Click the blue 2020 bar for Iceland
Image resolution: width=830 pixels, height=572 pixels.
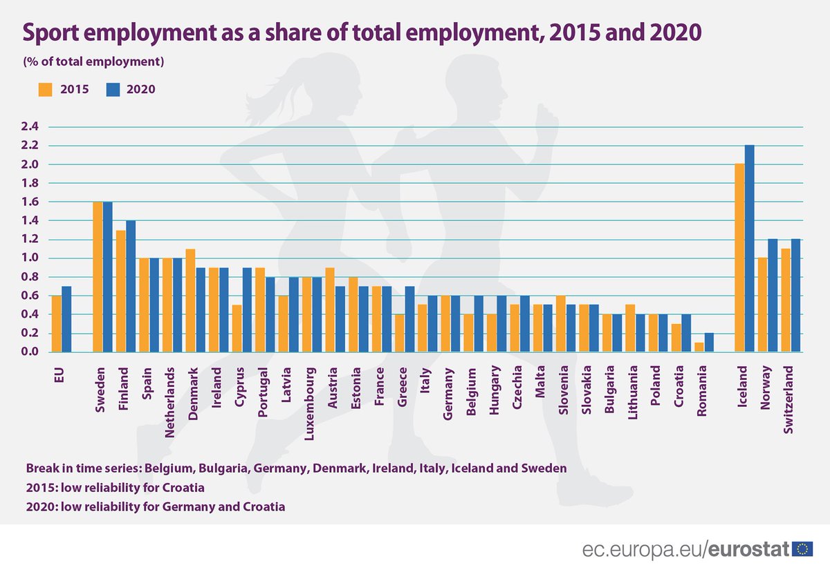point(749,249)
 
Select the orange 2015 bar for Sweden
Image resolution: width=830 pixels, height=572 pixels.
point(98,277)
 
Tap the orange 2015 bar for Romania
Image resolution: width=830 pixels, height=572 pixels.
point(699,347)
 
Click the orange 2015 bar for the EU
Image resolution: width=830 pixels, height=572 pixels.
point(56,324)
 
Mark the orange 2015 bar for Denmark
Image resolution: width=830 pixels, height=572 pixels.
point(191,301)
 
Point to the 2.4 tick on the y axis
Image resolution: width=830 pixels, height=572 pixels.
point(31,126)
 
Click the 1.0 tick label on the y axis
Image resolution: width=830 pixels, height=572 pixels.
point(31,258)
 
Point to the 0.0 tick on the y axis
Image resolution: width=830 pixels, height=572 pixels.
point(31,352)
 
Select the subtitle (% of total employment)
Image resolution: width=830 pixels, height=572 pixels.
point(93,61)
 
